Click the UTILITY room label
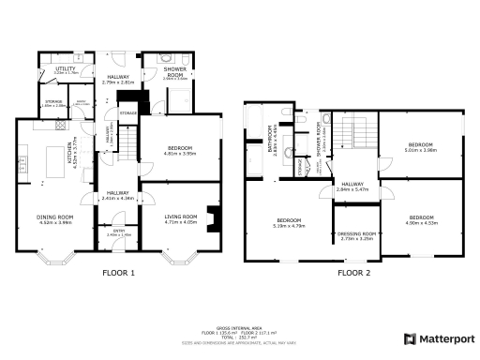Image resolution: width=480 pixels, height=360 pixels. coord(65,69)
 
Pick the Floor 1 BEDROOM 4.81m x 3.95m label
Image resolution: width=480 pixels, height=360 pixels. coord(174,150)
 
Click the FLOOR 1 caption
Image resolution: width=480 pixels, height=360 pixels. coord(119,273)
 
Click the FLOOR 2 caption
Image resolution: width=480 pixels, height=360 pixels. coord(354,273)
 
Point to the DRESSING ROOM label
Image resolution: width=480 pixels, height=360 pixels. coord(356,236)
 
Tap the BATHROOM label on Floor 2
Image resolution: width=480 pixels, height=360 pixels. coord(270,141)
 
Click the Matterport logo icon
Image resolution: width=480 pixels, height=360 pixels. coord(410,337)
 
